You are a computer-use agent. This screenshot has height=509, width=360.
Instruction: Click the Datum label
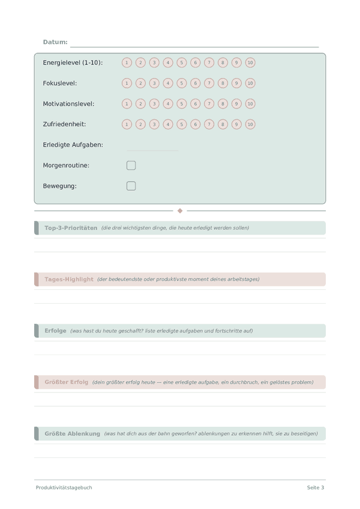click(x=55, y=42)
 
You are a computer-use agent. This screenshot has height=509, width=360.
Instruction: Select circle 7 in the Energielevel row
click(x=209, y=62)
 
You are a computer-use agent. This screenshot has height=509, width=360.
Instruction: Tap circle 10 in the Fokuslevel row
click(x=250, y=83)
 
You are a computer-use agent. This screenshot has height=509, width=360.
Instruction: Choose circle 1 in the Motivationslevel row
click(x=127, y=104)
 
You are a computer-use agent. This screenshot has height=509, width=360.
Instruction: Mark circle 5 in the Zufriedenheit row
click(x=182, y=124)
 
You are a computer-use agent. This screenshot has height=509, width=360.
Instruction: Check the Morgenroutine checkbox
click(x=131, y=165)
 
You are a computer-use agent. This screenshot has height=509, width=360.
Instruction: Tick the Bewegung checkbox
click(x=131, y=186)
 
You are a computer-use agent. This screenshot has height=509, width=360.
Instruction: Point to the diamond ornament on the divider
click(x=180, y=211)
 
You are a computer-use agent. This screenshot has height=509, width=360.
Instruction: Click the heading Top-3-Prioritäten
click(x=71, y=228)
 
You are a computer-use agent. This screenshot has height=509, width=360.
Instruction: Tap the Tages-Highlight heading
click(x=69, y=279)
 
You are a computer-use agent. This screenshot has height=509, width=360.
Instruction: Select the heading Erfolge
click(x=55, y=331)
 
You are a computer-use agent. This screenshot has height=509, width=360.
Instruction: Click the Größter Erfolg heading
click(x=66, y=382)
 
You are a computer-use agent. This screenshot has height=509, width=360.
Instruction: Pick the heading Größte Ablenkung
click(x=72, y=433)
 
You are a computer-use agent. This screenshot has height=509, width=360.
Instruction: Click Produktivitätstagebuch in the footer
click(x=64, y=487)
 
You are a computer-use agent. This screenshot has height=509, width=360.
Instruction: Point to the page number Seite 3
click(x=316, y=487)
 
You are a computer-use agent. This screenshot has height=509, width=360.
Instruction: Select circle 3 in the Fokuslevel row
click(x=154, y=83)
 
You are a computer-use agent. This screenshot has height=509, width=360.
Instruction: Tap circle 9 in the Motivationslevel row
click(x=236, y=104)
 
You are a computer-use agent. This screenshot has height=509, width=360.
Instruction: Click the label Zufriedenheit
click(x=64, y=124)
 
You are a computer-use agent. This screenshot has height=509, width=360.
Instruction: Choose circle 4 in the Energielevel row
click(x=168, y=62)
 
